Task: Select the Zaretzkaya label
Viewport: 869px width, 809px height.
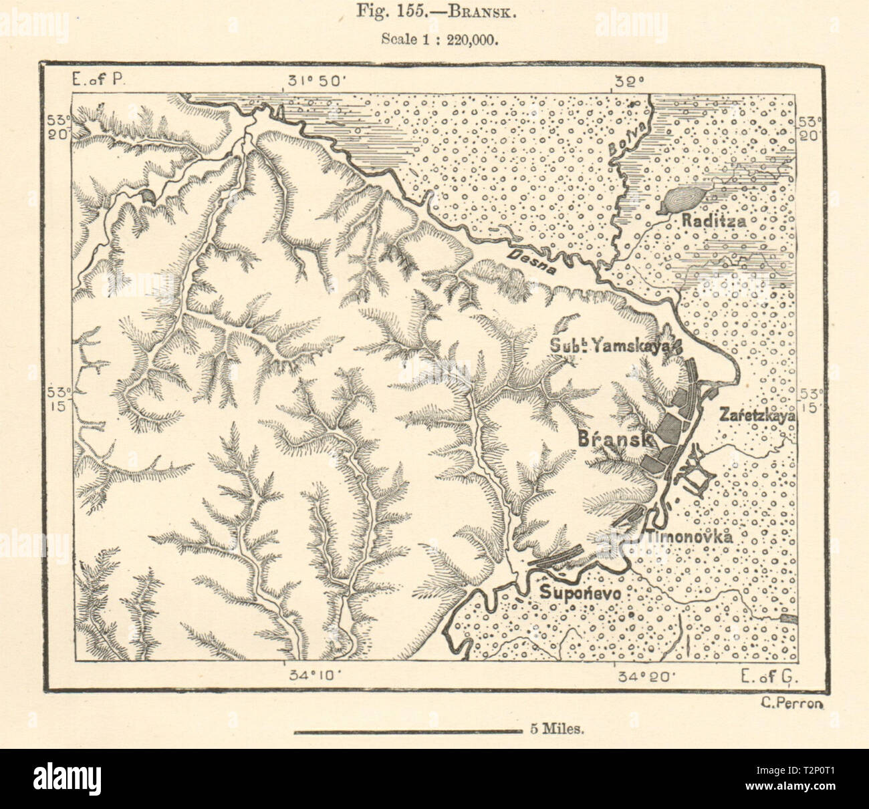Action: coord(757,415)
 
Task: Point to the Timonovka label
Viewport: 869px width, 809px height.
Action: coord(689,536)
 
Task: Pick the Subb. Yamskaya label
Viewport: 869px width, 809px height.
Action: coord(615,345)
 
